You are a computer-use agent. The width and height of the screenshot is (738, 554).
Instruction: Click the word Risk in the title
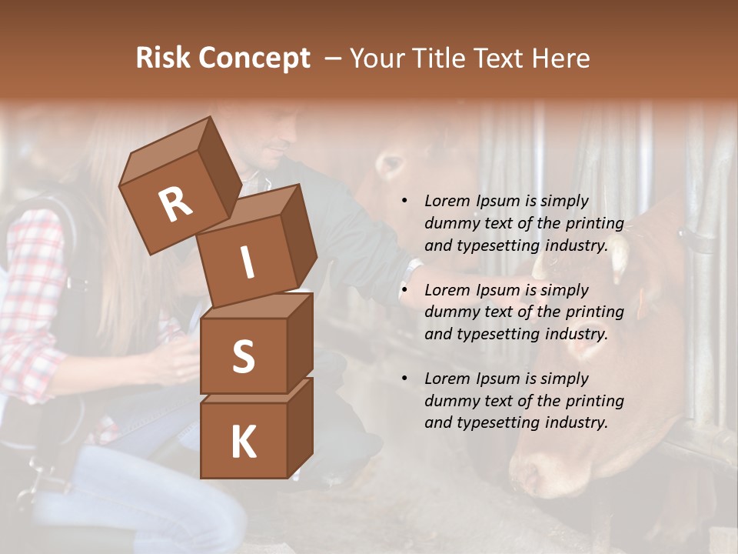pos(162,58)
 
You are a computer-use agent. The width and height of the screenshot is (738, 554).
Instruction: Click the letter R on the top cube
pos(175,205)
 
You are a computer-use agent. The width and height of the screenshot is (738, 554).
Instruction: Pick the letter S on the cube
pos(243,357)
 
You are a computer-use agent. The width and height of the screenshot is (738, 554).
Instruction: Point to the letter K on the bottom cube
pos(243,442)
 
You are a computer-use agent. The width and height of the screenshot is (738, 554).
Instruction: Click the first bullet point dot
pos(404,202)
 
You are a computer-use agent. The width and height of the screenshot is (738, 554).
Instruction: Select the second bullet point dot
pos(404,290)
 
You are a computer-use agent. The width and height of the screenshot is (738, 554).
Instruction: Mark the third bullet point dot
pos(404,379)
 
